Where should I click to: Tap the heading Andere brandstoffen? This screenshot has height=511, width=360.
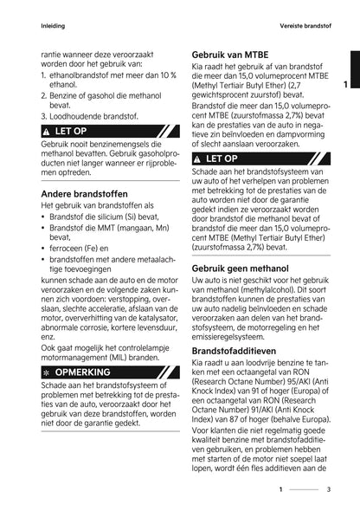pyautogui.click(x=79, y=193)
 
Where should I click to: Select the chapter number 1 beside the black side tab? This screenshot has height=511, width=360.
pyautogui.click(x=344, y=85)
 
